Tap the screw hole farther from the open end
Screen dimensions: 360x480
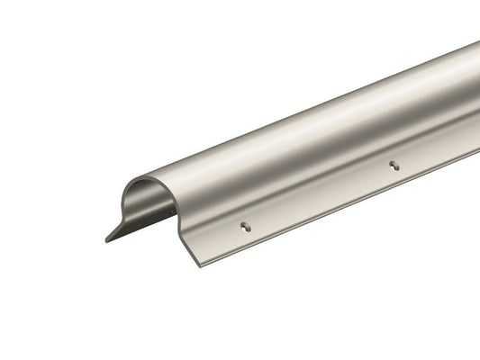[x=393, y=164]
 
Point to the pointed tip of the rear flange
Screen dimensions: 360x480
[x=106, y=241]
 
